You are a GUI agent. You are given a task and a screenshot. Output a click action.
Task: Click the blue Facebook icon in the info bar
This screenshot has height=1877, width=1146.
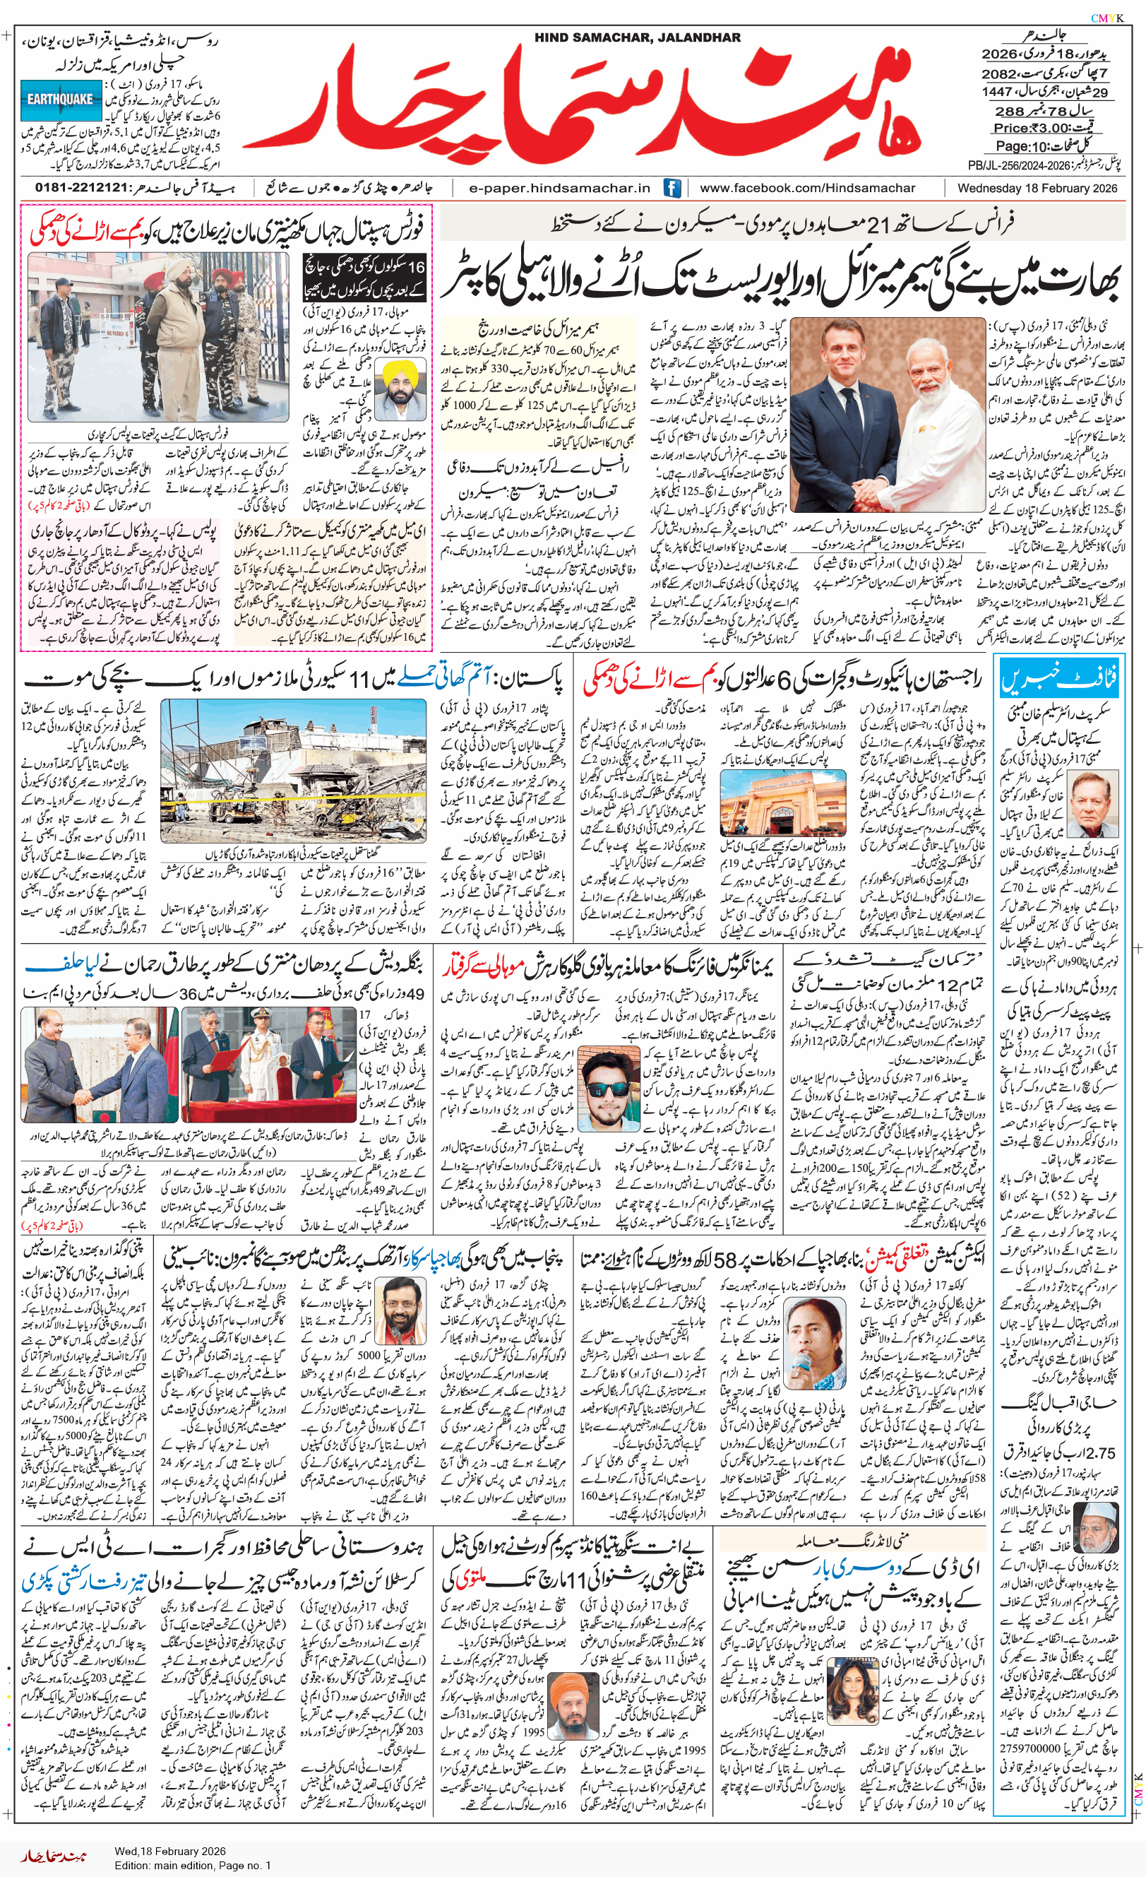[x=672, y=187]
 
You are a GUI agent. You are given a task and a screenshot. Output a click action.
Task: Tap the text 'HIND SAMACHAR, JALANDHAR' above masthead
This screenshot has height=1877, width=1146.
[x=638, y=37]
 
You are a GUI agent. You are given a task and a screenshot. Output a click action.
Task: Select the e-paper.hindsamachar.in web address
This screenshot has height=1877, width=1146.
[x=560, y=188]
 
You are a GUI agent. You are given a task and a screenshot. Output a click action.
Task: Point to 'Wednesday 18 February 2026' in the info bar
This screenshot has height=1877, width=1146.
[x=1037, y=188]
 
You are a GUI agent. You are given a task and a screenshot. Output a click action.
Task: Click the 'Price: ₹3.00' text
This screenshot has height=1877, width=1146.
[x=1041, y=128]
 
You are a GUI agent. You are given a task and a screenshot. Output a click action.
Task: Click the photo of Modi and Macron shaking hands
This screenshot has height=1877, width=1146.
[x=888, y=415]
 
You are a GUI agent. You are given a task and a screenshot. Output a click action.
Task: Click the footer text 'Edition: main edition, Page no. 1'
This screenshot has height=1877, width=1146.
[x=193, y=1866]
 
